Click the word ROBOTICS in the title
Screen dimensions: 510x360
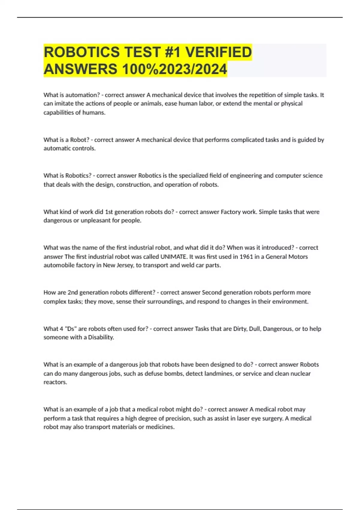tap(82, 52)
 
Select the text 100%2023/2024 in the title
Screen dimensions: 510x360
tap(174, 69)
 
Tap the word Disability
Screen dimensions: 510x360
tap(101, 337)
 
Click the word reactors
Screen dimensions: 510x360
tap(55, 382)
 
